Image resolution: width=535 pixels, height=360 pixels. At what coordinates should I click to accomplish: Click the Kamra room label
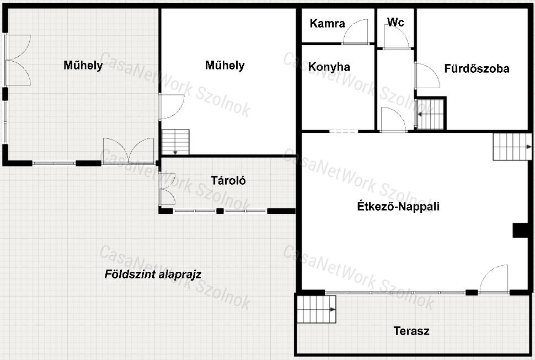coord(327,24)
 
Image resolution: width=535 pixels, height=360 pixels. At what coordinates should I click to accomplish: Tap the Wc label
coord(395,22)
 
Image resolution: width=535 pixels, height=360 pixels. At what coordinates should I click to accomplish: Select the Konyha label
coord(329,67)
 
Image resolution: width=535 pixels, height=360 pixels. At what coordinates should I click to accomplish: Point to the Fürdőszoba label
coord(477,68)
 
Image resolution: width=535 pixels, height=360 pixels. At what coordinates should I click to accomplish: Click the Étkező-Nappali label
coord(398,206)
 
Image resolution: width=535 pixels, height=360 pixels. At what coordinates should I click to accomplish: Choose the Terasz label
coord(411,331)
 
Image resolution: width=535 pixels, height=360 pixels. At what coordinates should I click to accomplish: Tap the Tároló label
coord(228,180)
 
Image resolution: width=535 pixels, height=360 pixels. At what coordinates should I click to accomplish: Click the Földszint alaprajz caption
coord(153,274)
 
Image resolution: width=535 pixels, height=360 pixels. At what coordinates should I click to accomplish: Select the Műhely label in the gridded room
coord(83,65)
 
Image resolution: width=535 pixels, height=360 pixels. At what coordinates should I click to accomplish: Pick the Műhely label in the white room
coord(225,65)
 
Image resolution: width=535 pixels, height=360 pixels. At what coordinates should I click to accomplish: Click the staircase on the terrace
coord(316,309)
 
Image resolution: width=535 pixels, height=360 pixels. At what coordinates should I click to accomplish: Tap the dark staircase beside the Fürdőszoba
coord(431,114)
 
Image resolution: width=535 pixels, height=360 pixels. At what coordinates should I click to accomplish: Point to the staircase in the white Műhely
coord(175,142)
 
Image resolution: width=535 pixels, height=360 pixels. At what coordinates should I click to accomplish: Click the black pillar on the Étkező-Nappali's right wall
coord(521,230)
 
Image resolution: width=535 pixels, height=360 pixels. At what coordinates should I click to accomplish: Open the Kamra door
coord(355,32)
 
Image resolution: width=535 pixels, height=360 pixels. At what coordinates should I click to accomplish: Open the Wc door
coord(396,37)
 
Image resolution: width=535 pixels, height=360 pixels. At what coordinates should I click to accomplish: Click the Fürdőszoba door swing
coord(427,76)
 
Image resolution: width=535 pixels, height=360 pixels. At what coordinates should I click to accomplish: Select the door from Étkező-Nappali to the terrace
coord(494,279)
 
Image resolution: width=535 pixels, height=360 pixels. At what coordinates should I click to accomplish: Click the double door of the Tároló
coord(168,189)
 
